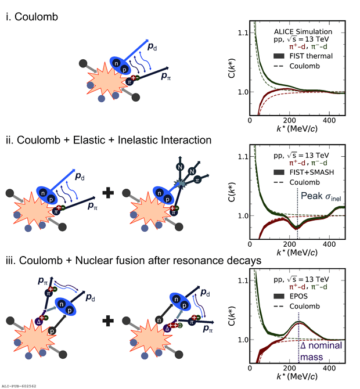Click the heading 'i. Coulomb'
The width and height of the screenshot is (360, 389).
coord(32,17)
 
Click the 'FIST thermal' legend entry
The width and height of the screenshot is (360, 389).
coord(303,56)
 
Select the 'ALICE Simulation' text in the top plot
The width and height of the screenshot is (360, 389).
coord(303,31)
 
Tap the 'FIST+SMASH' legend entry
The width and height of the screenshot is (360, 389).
coord(304,172)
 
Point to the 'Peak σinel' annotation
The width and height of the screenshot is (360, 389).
coord(321,196)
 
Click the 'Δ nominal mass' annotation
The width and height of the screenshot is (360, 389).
coord(321,351)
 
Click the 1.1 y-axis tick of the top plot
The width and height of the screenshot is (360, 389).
coord(243,33)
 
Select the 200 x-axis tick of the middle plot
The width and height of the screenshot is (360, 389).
coord(289,244)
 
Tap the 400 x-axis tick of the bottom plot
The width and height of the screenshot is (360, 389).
coord(329,368)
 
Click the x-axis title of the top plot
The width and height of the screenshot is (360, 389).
coord(297,129)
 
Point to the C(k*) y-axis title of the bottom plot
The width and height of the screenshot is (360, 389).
coord(232,316)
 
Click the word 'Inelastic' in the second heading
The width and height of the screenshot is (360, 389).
coord(138,140)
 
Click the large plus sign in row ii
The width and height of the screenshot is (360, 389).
coord(108,193)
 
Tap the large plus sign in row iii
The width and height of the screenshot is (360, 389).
coord(108,321)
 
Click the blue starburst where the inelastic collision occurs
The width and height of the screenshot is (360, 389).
coord(181,183)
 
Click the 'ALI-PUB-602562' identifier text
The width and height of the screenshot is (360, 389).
coord(19,386)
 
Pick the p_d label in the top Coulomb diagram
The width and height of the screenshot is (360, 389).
coord(152,46)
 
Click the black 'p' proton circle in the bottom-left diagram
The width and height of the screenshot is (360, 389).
coord(52,331)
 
